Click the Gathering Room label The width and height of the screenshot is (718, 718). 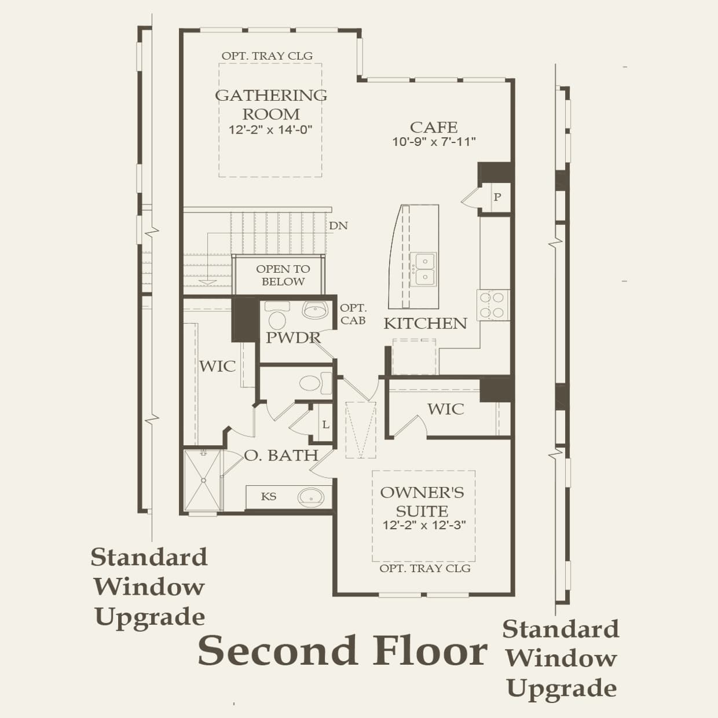pyautogui.click(x=271, y=104)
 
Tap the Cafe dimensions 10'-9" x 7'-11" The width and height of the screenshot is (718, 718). pyautogui.click(x=434, y=141)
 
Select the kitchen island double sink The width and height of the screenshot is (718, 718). pyautogui.click(x=423, y=269)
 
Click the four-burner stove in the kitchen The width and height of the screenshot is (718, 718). pyautogui.click(x=493, y=305)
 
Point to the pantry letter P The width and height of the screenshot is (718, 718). pyautogui.click(x=497, y=197)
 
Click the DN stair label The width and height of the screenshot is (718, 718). pyautogui.click(x=338, y=226)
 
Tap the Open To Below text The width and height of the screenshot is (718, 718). pyautogui.click(x=283, y=275)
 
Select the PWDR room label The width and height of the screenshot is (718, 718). pyautogui.click(x=293, y=338)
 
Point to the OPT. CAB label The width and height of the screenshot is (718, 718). pyautogui.click(x=353, y=314)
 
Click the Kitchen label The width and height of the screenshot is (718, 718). pyautogui.click(x=425, y=323)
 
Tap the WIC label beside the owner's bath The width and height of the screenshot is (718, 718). pyautogui.click(x=217, y=366)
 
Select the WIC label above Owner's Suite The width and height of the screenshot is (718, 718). pyautogui.click(x=445, y=409)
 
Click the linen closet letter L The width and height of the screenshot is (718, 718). pyautogui.click(x=325, y=425)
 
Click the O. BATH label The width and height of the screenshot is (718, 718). pyautogui.click(x=281, y=456)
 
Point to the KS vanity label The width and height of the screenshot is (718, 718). pyautogui.click(x=269, y=496)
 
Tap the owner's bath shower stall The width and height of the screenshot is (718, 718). pyautogui.click(x=203, y=481)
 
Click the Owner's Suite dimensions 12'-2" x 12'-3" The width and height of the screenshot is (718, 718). pyautogui.click(x=424, y=525)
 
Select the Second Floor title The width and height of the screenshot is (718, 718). pyautogui.click(x=342, y=651)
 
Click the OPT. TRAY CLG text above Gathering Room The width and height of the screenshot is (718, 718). pyautogui.click(x=267, y=56)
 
